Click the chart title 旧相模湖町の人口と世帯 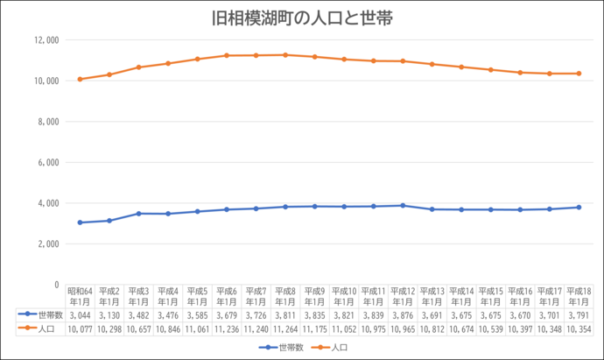pos(302,18)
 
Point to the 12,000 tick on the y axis pos(46,39)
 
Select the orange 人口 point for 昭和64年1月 pos(81,79)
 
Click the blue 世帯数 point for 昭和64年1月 pos(81,222)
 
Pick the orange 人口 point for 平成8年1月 pos(285,54)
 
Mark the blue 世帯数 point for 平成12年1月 pos(403,205)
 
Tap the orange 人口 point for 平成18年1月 pos(579,74)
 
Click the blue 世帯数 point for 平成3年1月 pos(139,213)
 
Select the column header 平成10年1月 pos(344,296)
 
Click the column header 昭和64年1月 pos(81,296)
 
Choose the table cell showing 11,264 pos(285,328)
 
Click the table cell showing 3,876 pos(403,313)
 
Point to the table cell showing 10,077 pos(81,328)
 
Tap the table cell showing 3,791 pos(579,313)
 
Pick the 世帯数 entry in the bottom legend pos(285,348)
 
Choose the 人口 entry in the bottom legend pos(334,348)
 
